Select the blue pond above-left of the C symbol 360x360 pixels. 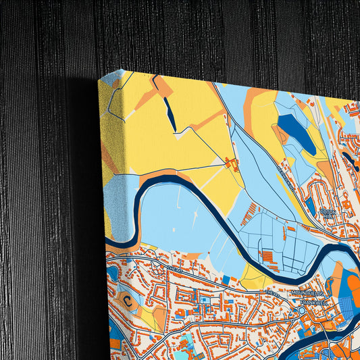111,274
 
